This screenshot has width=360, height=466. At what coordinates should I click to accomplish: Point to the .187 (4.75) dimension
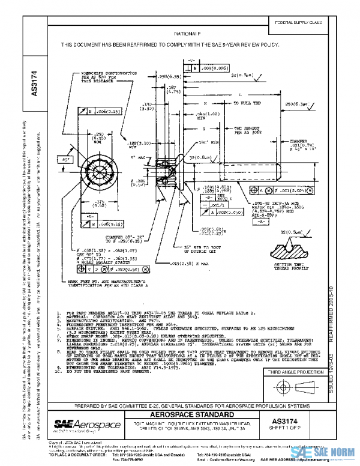pyautogui.click(x=172, y=89)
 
